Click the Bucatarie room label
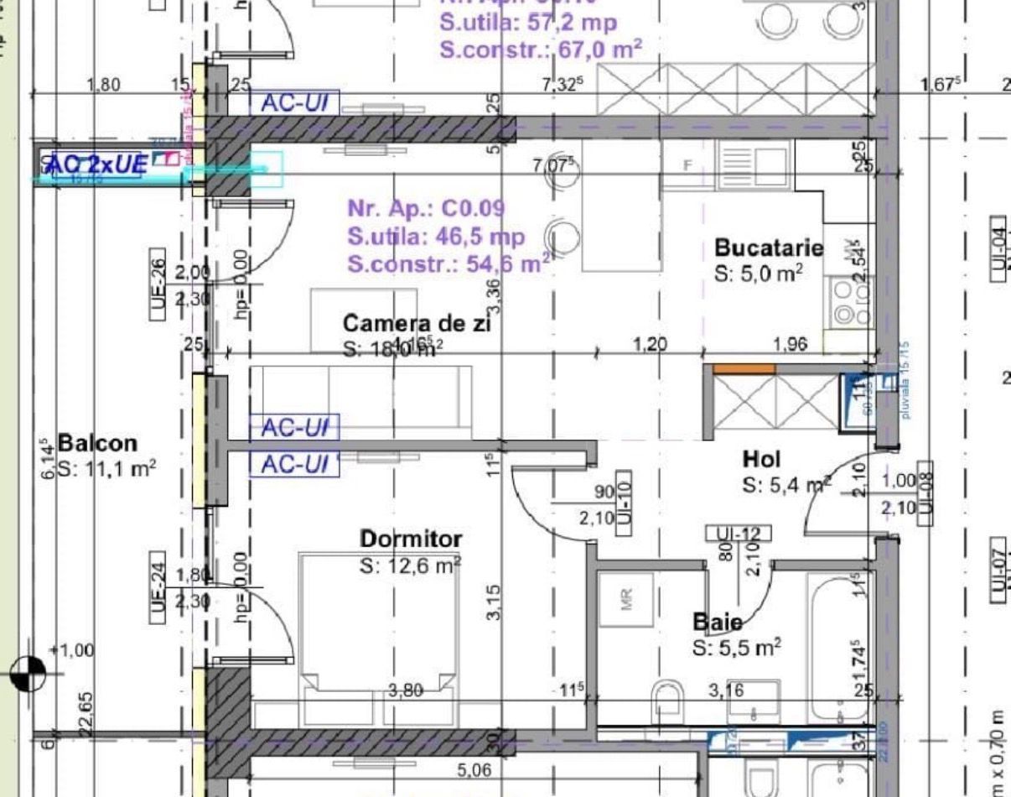point(768,248)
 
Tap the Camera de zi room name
point(417,323)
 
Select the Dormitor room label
point(411,539)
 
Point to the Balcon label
point(97,443)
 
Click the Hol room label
point(761,459)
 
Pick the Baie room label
point(717,622)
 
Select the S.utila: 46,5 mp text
point(436,237)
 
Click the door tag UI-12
point(738,533)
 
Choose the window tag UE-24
point(158,587)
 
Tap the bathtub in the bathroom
point(838,646)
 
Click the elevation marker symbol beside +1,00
point(28,672)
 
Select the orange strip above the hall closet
point(744,368)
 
